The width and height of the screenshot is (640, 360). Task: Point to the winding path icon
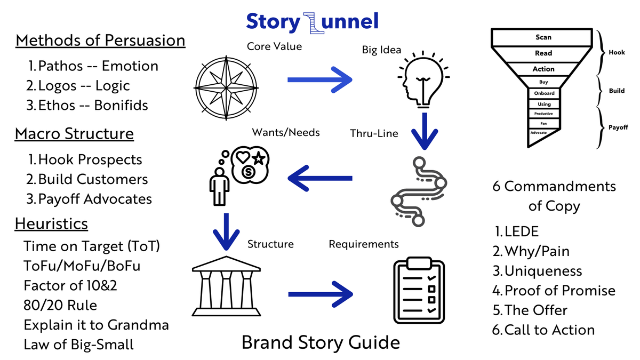[x=419, y=189]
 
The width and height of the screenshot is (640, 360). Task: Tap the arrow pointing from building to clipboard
[x=320, y=294]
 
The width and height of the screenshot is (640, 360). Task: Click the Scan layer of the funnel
[x=543, y=37]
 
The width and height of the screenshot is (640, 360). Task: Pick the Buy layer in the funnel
[x=543, y=82]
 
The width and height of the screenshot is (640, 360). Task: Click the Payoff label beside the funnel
[x=618, y=127]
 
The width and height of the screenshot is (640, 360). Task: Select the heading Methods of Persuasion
[x=100, y=41]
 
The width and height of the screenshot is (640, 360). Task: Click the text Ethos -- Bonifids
[x=87, y=105]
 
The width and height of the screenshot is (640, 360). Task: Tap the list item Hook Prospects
[x=85, y=159]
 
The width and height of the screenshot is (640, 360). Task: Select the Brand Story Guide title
[x=321, y=342]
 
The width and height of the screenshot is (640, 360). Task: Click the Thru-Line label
[x=374, y=133]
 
